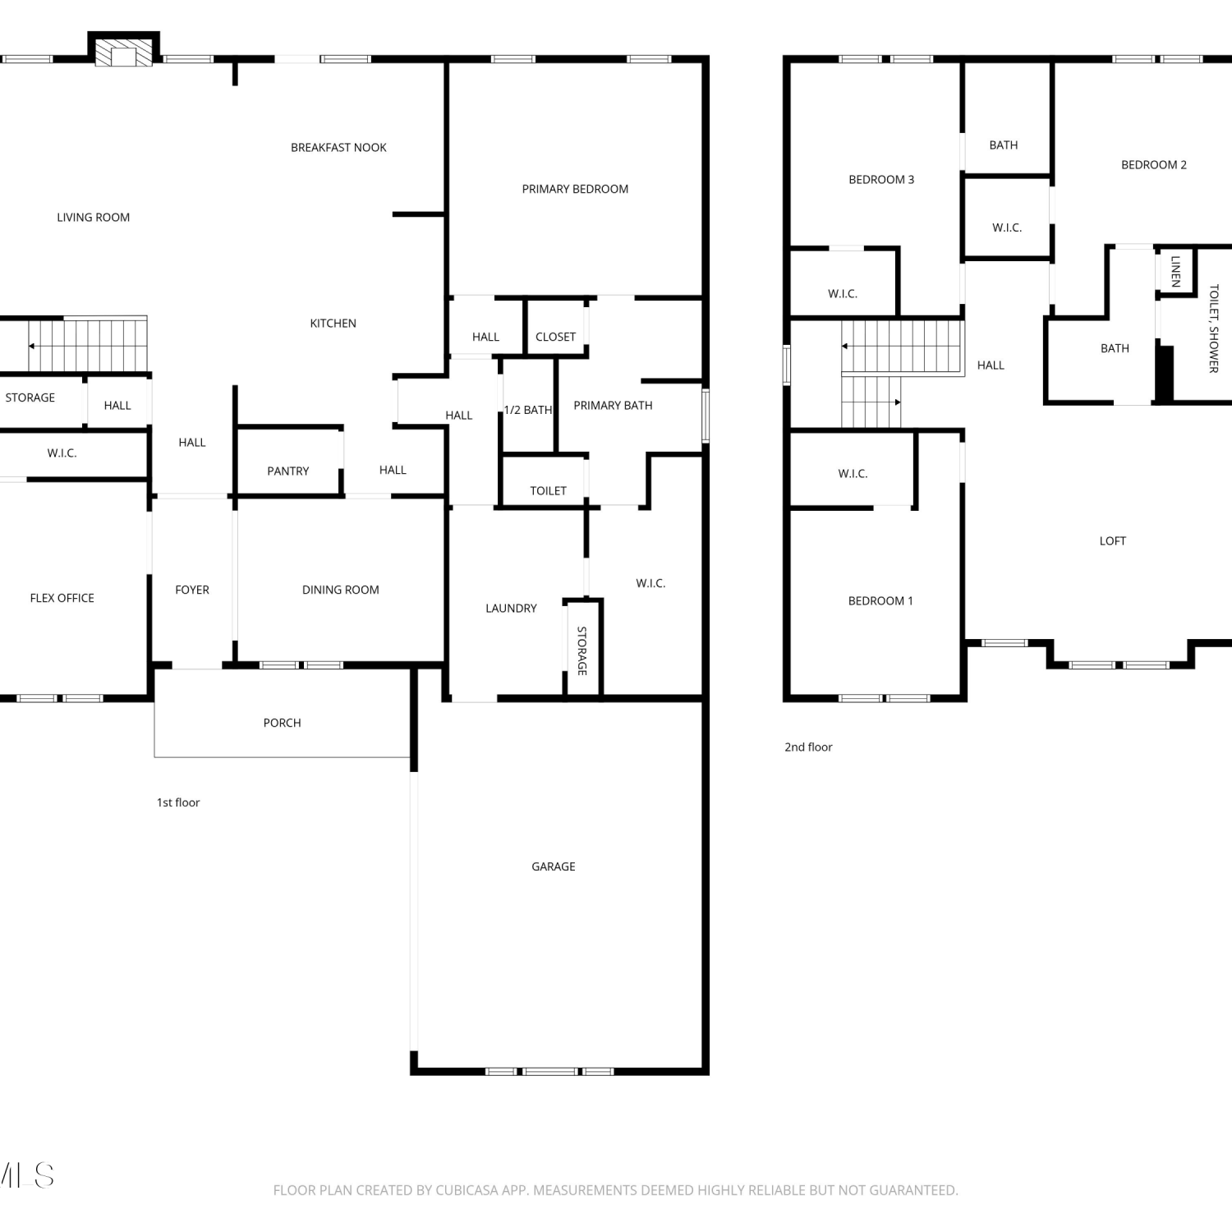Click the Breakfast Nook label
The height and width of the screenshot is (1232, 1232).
click(338, 148)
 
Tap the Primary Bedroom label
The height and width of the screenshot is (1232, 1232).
click(575, 189)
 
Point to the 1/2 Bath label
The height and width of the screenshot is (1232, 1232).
click(528, 410)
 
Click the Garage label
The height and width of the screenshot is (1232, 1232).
click(554, 867)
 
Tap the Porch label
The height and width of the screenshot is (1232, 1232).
click(282, 723)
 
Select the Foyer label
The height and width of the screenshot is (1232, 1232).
click(192, 590)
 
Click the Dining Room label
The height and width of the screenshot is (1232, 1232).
click(341, 590)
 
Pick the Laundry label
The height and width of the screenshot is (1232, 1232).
click(511, 609)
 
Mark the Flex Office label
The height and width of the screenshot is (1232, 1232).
click(62, 598)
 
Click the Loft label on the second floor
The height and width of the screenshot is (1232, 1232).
click(1113, 540)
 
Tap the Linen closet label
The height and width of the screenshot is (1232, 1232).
click(1176, 271)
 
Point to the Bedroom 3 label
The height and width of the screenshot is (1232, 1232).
click(881, 180)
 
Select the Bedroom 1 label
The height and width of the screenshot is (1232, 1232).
click(880, 601)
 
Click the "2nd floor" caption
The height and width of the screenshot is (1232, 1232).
click(808, 747)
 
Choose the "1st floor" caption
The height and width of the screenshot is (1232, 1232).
click(178, 802)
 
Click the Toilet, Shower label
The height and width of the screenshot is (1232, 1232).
click(1214, 329)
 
